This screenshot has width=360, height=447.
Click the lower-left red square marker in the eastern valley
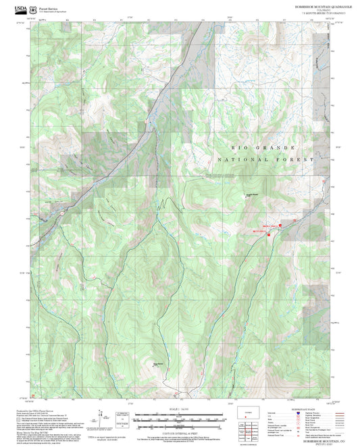(x=269, y=234)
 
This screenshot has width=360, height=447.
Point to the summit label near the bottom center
(x=159, y=365)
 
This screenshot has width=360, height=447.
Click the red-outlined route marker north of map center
(x=145, y=122)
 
